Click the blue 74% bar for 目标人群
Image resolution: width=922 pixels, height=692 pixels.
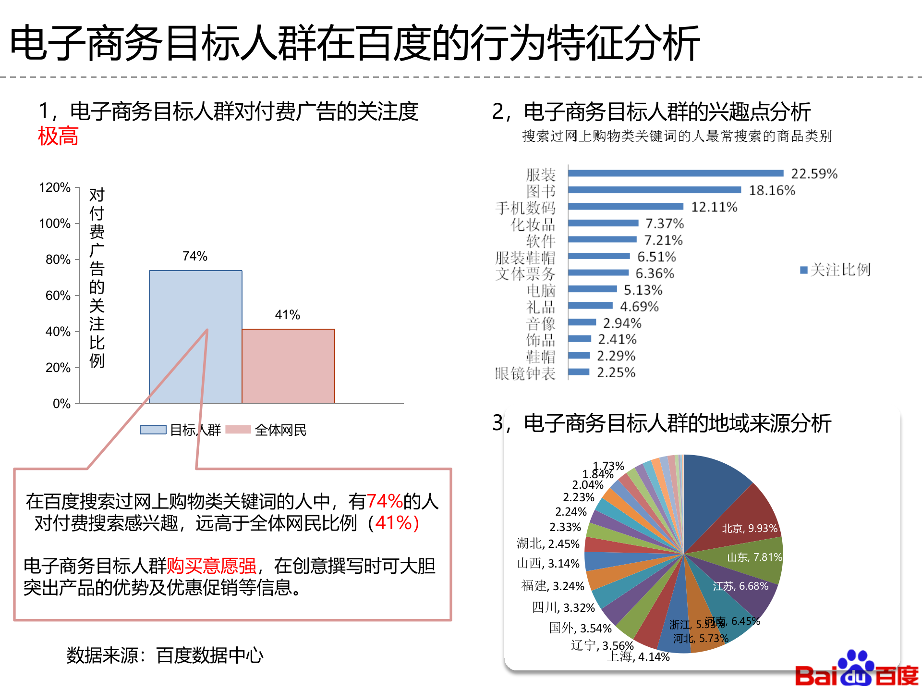(195, 336)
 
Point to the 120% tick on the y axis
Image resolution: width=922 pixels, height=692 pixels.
(55, 187)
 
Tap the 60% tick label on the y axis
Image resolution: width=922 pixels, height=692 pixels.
(58, 296)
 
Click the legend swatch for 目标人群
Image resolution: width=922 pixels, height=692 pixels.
(153, 430)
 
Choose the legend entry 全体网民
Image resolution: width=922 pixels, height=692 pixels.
(280, 430)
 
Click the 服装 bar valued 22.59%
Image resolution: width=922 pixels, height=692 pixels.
(675, 173)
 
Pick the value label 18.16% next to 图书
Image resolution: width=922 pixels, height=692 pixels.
(772, 190)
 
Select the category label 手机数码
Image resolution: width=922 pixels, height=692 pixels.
(525, 208)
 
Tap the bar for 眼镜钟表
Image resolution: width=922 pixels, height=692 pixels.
(579, 372)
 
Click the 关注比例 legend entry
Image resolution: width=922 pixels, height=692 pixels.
(836, 270)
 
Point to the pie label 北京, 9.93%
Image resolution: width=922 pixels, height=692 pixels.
(749, 528)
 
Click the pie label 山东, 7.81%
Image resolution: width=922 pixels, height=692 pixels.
(754, 557)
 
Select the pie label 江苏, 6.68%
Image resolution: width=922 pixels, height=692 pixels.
(740, 586)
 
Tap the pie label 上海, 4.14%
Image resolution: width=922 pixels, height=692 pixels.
(638, 656)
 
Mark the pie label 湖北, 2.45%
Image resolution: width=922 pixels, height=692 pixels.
(548, 544)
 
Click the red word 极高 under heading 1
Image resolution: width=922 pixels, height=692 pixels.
(58, 136)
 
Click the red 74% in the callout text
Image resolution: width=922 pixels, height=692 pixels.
(384, 501)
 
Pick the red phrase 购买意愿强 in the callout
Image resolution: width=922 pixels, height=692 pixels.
(211, 566)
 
